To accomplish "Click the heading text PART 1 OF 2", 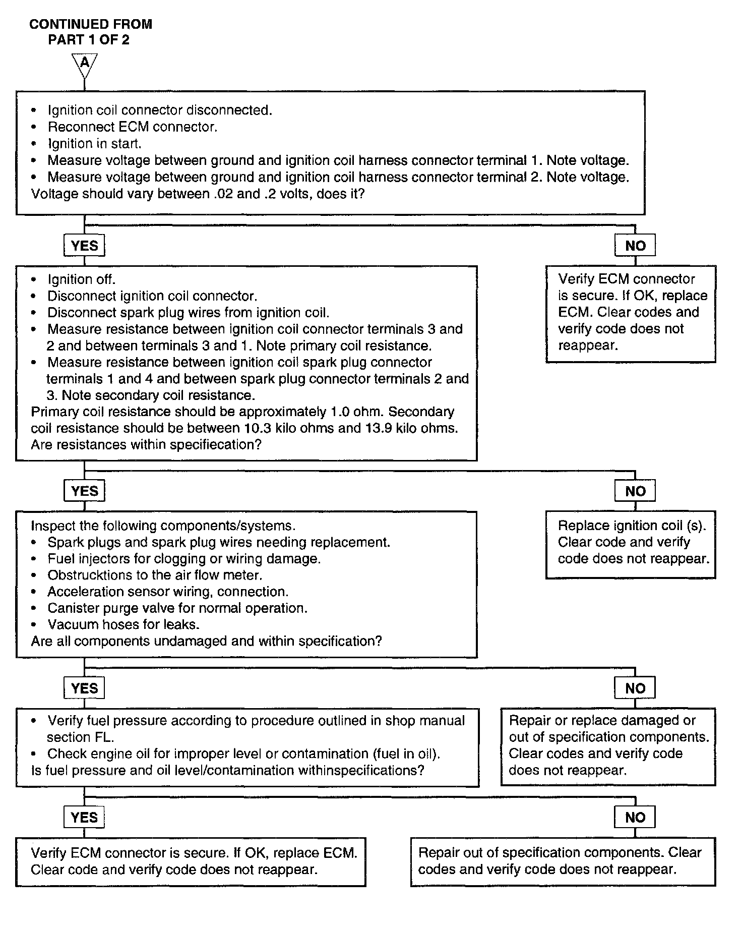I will point(89,40).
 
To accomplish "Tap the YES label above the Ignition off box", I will point(84,246).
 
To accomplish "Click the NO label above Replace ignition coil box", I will point(635,491).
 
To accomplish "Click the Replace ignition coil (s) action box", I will point(631,545).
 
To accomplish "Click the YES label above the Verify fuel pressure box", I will point(84,688).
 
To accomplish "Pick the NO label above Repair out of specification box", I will point(635,818).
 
